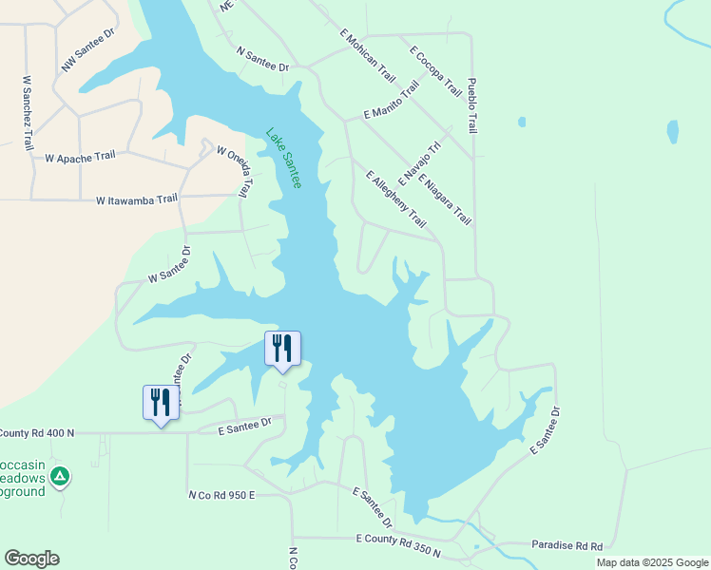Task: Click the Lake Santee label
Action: coord(283,158)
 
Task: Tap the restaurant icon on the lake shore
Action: coord(282,349)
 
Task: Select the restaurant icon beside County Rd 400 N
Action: coord(161,403)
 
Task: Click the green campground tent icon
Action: coord(60,476)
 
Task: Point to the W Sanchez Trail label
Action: coord(27,112)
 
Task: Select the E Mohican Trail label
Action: coord(368,53)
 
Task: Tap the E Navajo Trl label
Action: coord(420,162)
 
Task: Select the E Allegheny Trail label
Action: coord(396,199)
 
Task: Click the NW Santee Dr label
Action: coord(88,49)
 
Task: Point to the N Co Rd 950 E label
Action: coord(223,495)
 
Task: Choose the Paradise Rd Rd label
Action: coord(567,545)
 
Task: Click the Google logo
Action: coord(31,559)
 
